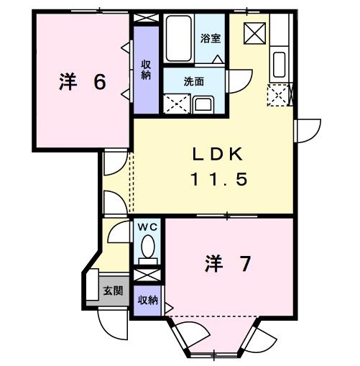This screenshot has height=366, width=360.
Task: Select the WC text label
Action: (x=147, y=227)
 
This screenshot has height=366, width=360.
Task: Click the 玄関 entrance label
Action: (x=112, y=291)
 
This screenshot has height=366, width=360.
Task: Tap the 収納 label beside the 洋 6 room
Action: (x=146, y=70)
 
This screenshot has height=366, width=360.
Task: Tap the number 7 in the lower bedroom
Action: (x=244, y=265)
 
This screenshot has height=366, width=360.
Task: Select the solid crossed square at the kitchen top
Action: (x=254, y=32)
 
